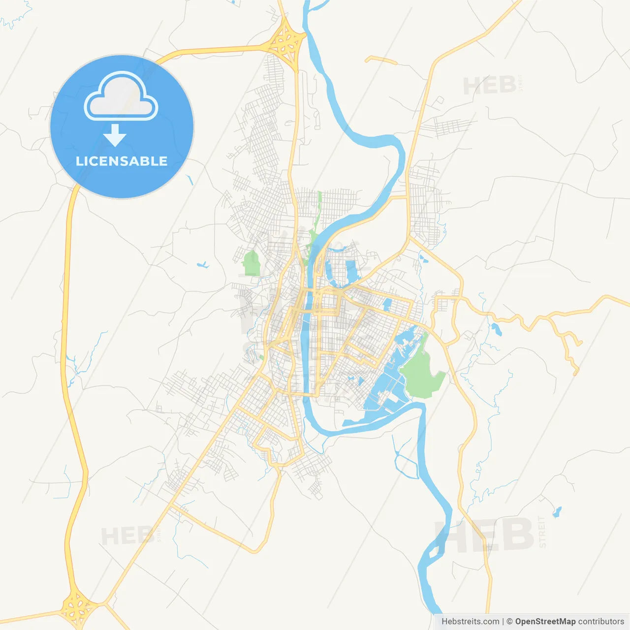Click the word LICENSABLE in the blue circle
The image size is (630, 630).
(x=122, y=161)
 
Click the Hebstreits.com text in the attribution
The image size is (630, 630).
(x=470, y=621)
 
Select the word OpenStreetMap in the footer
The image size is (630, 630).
(x=545, y=621)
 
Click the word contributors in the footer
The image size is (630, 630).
(x=600, y=621)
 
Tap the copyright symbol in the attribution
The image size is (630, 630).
(x=509, y=621)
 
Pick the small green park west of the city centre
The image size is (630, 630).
(x=252, y=263)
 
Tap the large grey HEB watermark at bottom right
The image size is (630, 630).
(x=485, y=535)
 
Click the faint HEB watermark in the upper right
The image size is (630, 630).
(x=490, y=86)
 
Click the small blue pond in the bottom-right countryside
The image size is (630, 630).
(x=557, y=512)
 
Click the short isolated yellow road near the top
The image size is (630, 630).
(x=381, y=60)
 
